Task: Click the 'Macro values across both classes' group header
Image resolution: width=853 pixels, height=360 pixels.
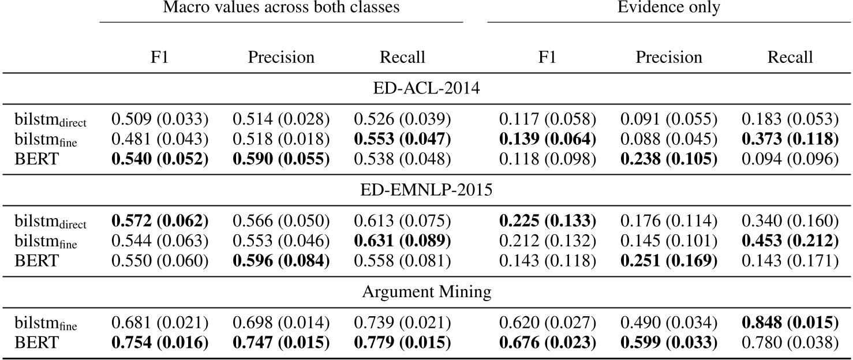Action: point(281,7)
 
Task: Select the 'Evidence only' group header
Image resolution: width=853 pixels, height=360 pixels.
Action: point(669,7)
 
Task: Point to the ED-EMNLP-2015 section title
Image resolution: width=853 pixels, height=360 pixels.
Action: point(426,189)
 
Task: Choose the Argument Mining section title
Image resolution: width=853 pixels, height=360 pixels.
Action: point(426,292)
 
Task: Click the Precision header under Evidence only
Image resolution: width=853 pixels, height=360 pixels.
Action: point(669,57)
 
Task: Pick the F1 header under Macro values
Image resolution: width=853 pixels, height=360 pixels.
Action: point(159,57)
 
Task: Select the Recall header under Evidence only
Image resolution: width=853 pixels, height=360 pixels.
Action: point(790,57)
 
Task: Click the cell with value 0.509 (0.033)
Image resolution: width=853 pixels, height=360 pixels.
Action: point(159,120)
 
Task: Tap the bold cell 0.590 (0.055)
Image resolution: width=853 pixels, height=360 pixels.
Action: point(281,158)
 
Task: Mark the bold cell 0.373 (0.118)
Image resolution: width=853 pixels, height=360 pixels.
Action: point(790,139)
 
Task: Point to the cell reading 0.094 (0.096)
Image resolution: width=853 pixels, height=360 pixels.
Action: point(790,158)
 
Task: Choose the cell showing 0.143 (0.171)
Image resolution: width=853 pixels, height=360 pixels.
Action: point(790,260)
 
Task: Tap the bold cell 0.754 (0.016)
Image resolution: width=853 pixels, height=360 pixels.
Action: point(159,343)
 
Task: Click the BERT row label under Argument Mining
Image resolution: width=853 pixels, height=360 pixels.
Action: point(36,343)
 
